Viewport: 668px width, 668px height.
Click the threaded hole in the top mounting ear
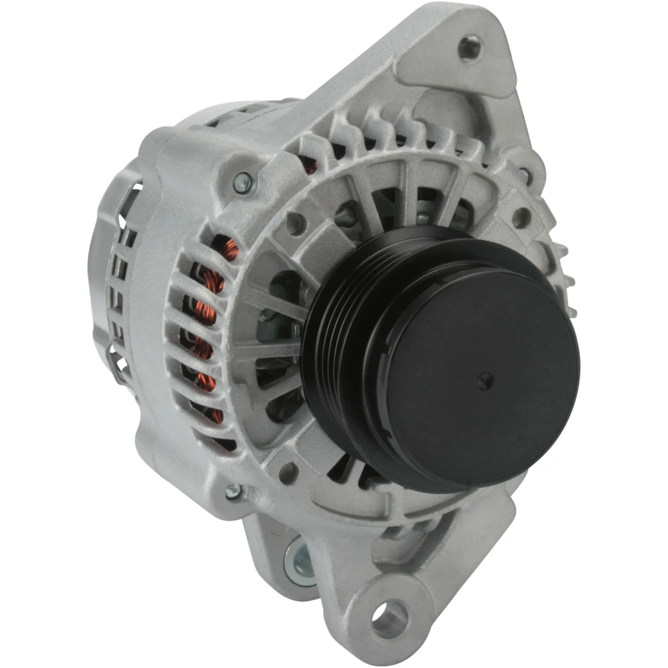[471, 47]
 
